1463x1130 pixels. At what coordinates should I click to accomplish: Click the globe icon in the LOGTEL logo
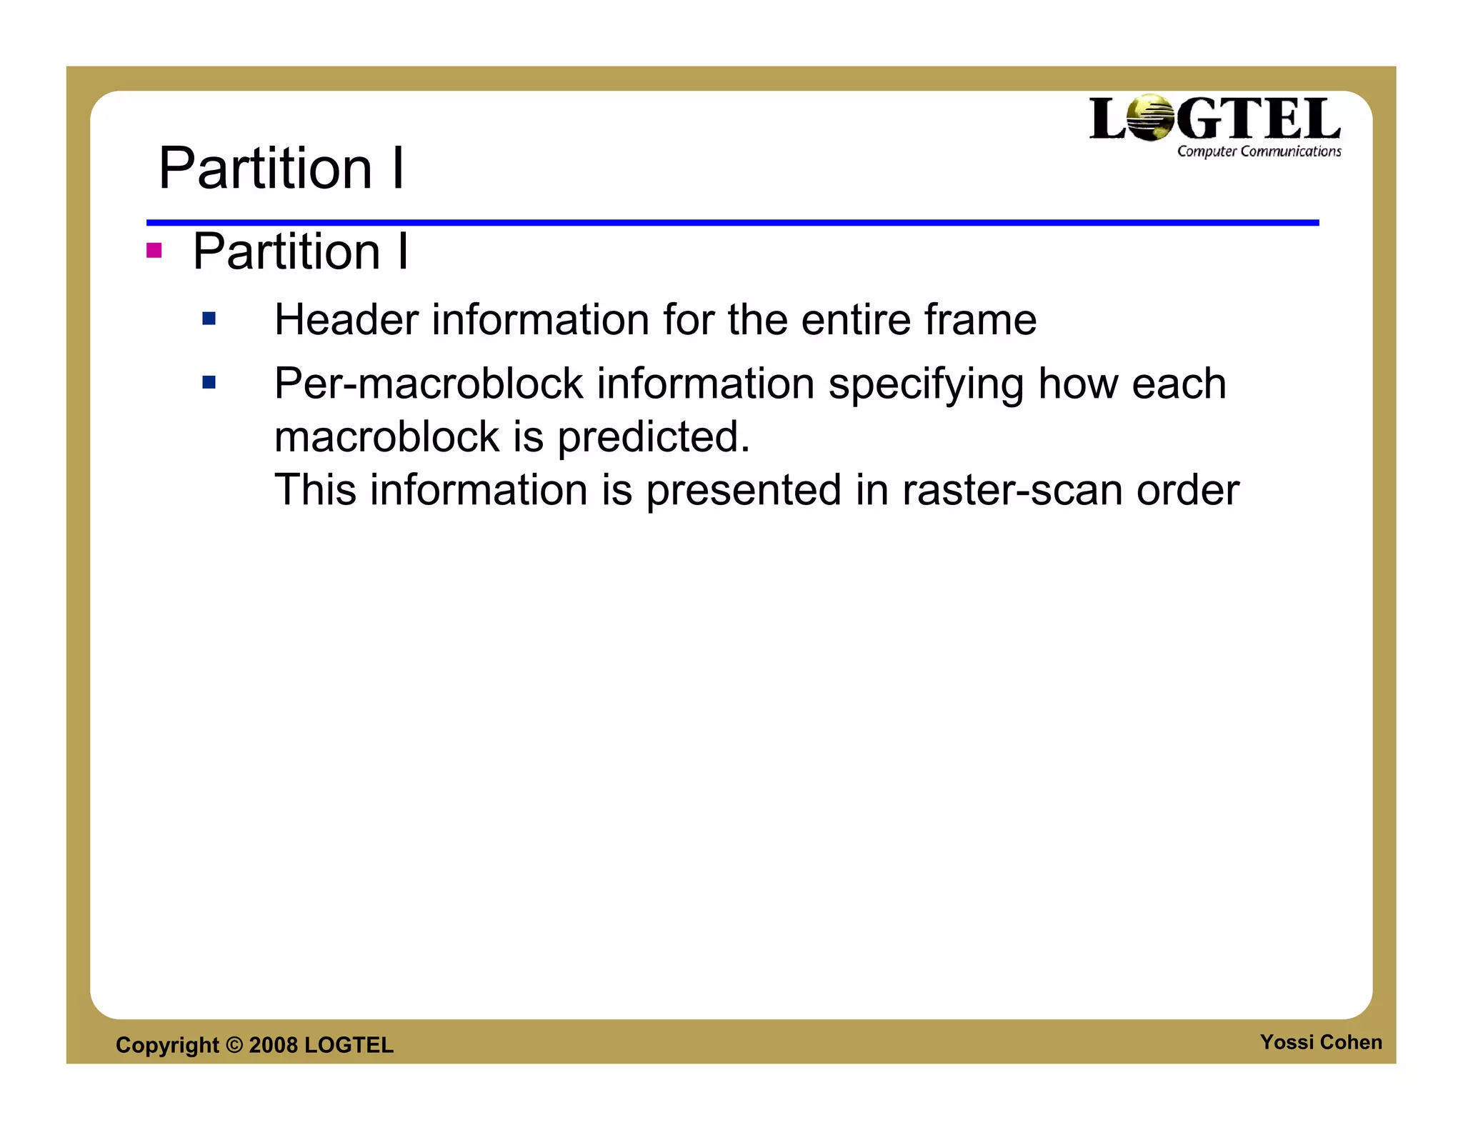coord(1149,118)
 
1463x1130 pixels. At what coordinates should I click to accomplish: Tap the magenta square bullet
coord(154,251)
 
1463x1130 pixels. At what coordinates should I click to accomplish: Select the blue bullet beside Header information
coord(209,319)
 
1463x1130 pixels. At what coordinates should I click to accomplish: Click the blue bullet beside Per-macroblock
coord(209,383)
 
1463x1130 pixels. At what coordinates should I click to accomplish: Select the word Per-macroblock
coord(429,384)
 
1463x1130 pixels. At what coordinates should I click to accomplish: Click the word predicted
coord(653,437)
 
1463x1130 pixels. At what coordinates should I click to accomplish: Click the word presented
coord(744,491)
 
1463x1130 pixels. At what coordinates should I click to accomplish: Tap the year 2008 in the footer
coord(273,1045)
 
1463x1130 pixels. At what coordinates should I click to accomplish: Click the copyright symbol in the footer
coord(234,1045)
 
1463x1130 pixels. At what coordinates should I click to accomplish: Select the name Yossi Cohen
coord(1320,1042)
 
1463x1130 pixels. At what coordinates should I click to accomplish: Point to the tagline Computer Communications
coord(1259,151)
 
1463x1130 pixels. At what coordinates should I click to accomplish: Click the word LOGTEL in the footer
coord(349,1045)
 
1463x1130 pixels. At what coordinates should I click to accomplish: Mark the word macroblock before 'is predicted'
coord(386,437)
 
